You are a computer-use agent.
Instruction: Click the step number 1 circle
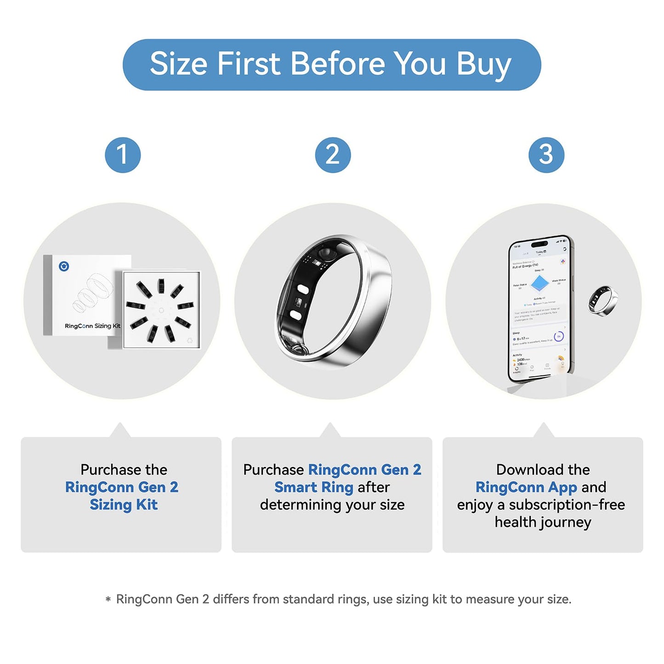(x=123, y=155)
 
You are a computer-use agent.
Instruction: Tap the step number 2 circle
(x=333, y=155)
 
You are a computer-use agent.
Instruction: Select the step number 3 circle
(x=546, y=155)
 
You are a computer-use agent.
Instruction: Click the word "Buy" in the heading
(x=483, y=64)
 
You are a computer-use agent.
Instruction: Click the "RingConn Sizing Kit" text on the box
(x=92, y=326)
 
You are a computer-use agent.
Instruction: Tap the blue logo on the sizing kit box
(x=64, y=266)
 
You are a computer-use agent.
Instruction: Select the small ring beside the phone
(x=603, y=300)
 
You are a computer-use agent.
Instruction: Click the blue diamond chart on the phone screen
(x=539, y=284)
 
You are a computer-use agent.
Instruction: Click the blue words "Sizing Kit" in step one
(x=124, y=505)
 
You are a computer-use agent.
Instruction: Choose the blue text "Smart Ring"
(x=314, y=487)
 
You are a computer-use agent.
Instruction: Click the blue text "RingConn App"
(x=526, y=487)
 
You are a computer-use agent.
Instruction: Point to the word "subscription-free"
(x=567, y=505)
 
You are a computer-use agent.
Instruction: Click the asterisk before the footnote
(x=108, y=600)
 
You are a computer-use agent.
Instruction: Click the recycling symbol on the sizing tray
(x=190, y=341)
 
